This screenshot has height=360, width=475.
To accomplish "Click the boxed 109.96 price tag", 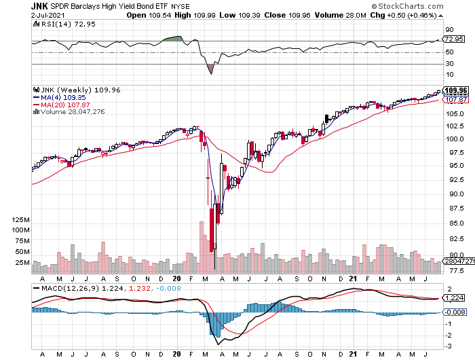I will coord(455,90).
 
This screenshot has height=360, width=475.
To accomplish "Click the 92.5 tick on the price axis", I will coord(451,181).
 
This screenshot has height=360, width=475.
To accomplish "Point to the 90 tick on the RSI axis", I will coord(448,29).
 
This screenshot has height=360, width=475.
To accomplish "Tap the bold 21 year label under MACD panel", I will coord(352,353).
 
